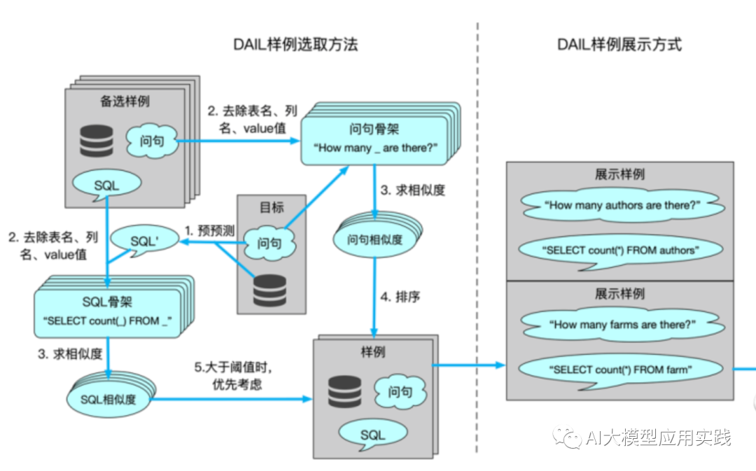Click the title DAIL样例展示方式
[619, 44]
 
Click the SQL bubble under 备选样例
[106, 185]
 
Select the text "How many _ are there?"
[375, 148]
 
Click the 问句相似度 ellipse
[375, 239]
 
